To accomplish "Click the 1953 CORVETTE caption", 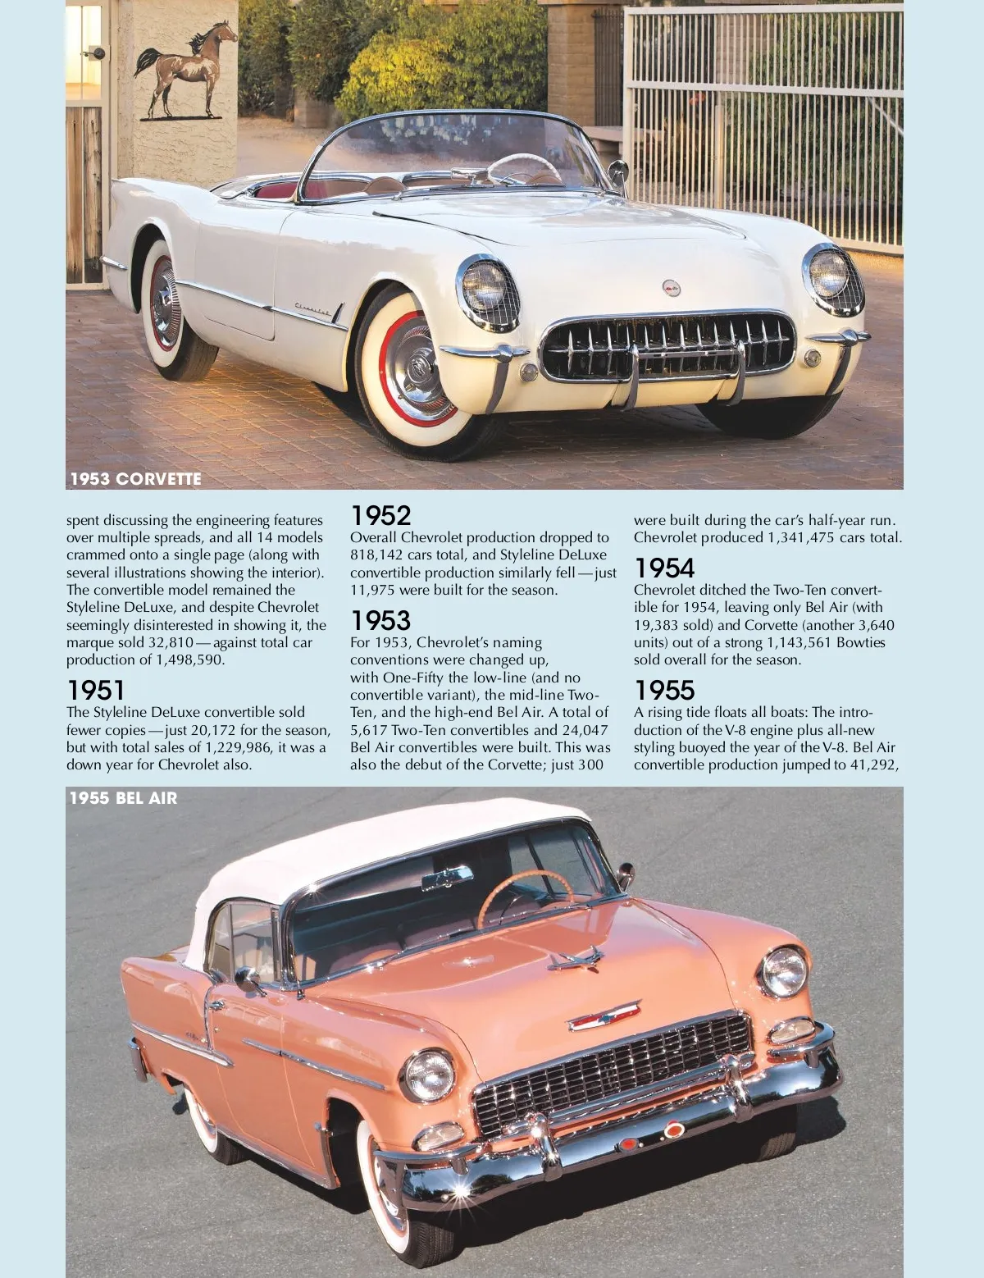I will [x=135, y=479].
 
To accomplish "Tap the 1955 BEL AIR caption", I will [x=123, y=798].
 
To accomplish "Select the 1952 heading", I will [x=380, y=516].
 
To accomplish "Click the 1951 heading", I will [x=96, y=690].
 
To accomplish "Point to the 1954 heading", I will [x=664, y=568].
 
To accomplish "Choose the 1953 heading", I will [x=380, y=620].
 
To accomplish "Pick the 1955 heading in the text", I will [x=664, y=690].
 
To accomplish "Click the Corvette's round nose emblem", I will [x=672, y=288].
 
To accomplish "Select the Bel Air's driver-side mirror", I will [x=247, y=977].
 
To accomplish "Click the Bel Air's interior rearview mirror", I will [x=447, y=877].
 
